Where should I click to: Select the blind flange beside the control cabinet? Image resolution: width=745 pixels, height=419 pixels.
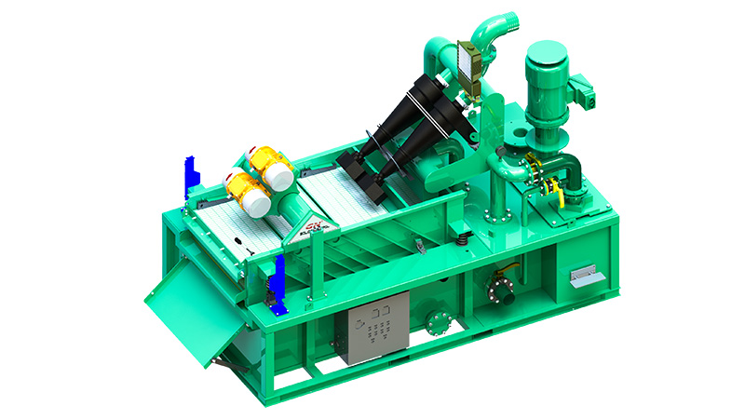(435, 321)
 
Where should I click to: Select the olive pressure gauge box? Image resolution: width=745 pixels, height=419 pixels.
(470, 59)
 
